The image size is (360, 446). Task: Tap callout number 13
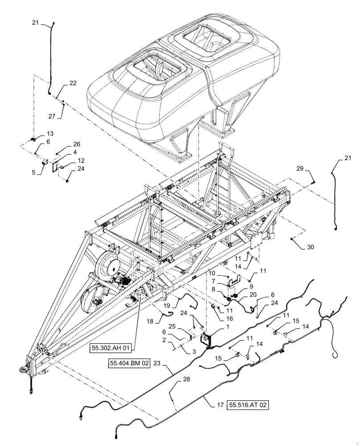pos(49,133)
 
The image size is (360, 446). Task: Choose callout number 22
pos(73,83)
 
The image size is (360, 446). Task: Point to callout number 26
pos(76,144)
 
